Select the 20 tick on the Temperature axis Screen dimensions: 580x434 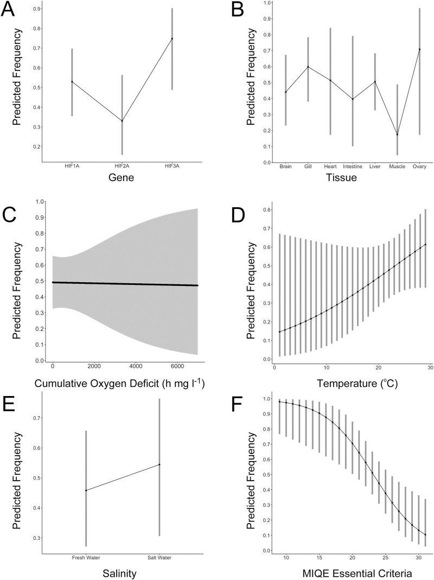pos(378,367)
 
